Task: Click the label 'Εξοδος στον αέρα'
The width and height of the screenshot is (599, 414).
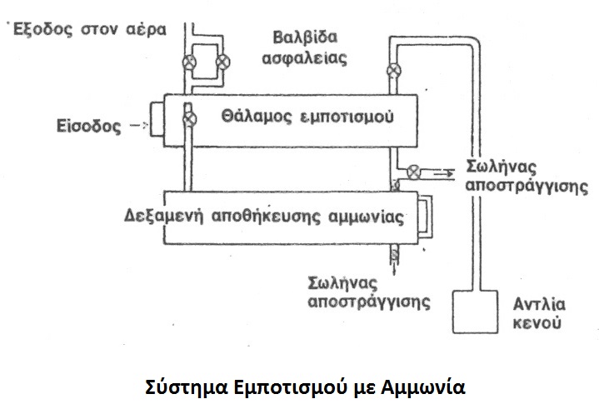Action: pyautogui.click(x=90, y=29)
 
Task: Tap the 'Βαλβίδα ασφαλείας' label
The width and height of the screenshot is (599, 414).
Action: pyautogui.click(x=304, y=48)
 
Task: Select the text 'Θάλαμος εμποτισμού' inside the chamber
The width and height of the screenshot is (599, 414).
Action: pyautogui.click(x=307, y=117)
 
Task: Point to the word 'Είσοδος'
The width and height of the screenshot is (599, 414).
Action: pyautogui.click(x=88, y=126)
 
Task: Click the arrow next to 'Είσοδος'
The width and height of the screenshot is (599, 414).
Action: pyautogui.click(x=138, y=125)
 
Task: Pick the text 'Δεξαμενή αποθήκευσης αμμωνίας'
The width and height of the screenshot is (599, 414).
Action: pyautogui.click(x=263, y=217)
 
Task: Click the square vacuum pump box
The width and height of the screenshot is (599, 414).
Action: pyautogui.click(x=475, y=312)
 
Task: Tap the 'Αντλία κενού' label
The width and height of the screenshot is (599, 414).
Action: pyautogui.click(x=539, y=314)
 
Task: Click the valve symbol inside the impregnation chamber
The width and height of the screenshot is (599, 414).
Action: pyautogui.click(x=189, y=119)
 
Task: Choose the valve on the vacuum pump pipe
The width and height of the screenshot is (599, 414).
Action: pyautogui.click(x=394, y=70)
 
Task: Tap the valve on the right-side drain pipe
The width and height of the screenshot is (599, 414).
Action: pyautogui.click(x=414, y=172)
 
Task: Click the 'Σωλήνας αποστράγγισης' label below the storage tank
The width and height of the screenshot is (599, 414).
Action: pyautogui.click(x=368, y=293)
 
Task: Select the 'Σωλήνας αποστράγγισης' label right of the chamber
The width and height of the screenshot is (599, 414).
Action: pyautogui.click(x=527, y=177)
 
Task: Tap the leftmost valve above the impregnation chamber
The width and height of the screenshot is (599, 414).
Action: pyautogui.click(x=189, y=62)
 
